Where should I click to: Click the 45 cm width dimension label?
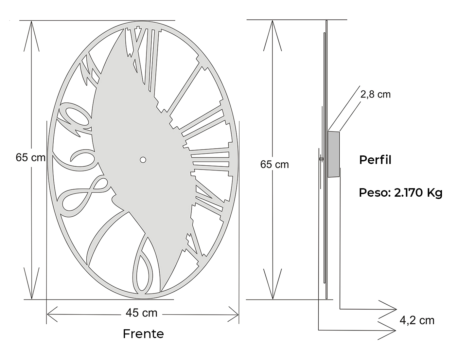141,313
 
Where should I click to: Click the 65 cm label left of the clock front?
30,157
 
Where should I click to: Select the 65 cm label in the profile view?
274,164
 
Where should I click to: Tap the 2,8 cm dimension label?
376,95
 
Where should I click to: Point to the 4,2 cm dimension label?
417,320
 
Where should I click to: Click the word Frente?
143,334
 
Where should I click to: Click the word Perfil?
375,160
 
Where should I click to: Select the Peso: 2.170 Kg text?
401,192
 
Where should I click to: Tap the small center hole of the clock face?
143,160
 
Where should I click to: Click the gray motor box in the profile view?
333,154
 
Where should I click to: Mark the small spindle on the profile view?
321,159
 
